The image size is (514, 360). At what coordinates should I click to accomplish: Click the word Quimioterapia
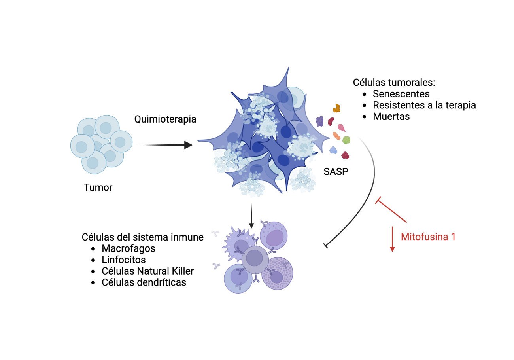coord(165,119)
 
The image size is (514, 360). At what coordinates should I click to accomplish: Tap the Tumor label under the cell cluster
coord(98,187)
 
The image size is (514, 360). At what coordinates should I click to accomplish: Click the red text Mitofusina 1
coord(428,237)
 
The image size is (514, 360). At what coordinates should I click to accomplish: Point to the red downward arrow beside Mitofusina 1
coord(392,239)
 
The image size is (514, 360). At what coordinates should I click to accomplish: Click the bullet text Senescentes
coord(401,94)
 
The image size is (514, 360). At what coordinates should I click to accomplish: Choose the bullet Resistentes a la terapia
coord(424,105)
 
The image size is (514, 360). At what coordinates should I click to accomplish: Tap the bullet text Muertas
coord(391,117)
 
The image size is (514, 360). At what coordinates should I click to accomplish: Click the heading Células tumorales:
coord(394,83)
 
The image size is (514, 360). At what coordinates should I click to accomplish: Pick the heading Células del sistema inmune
coord(143,237)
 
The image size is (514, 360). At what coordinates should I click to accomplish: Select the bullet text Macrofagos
coord(128,248)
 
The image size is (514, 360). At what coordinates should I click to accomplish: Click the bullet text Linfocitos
coord(123,260)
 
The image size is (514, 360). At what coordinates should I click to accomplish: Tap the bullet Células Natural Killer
coord(147,271)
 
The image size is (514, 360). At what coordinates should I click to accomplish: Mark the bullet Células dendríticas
coord(144,282)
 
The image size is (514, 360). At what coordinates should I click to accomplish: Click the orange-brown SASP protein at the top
coord(336,108)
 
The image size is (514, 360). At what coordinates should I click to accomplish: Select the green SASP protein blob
coord(346,140)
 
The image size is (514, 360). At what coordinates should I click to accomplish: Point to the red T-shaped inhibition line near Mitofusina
coord(391,211)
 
